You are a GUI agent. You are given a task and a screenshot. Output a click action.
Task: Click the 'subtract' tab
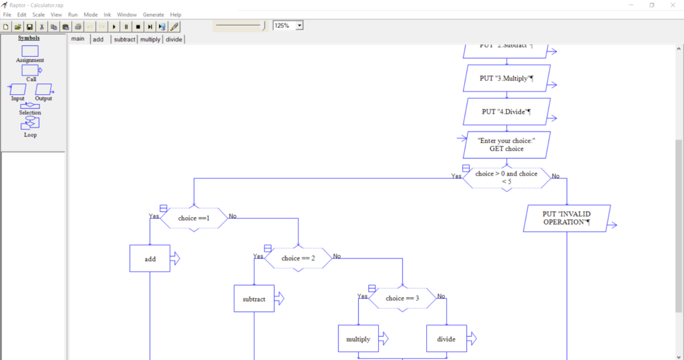[124, 39]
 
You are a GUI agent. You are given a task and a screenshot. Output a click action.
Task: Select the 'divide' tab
[174, 39]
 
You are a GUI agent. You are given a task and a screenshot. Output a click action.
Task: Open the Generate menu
[153, 14]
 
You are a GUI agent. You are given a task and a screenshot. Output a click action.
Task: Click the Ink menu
[107, 14]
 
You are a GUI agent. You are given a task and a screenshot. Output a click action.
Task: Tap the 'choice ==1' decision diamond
[194, 218]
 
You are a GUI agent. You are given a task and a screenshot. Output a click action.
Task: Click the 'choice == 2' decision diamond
[298, 258]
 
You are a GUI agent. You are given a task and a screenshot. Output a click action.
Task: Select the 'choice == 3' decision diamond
[402, 298]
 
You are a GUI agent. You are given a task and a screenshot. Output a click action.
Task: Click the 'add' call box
[150, 258]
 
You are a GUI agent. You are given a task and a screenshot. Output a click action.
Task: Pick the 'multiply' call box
[358, 339]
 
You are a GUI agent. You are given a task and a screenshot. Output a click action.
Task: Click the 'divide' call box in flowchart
[446, 339]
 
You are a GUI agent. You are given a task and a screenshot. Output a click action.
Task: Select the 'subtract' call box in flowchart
[254, 299]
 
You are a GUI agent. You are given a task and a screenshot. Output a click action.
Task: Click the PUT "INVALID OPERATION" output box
[566, 218]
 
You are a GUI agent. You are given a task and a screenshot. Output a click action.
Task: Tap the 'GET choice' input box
[506, 145]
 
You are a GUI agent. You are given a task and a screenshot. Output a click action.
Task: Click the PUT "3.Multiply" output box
[506, 78]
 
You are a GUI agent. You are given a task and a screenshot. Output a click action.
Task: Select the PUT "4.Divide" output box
[506, 112]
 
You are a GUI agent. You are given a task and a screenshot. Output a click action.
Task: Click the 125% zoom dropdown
[288, 25]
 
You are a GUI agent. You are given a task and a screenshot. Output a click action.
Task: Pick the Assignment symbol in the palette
[30, 51]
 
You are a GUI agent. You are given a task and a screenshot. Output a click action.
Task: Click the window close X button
[671, 5]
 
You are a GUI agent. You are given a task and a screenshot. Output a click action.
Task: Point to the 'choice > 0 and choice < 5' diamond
[506, 178]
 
